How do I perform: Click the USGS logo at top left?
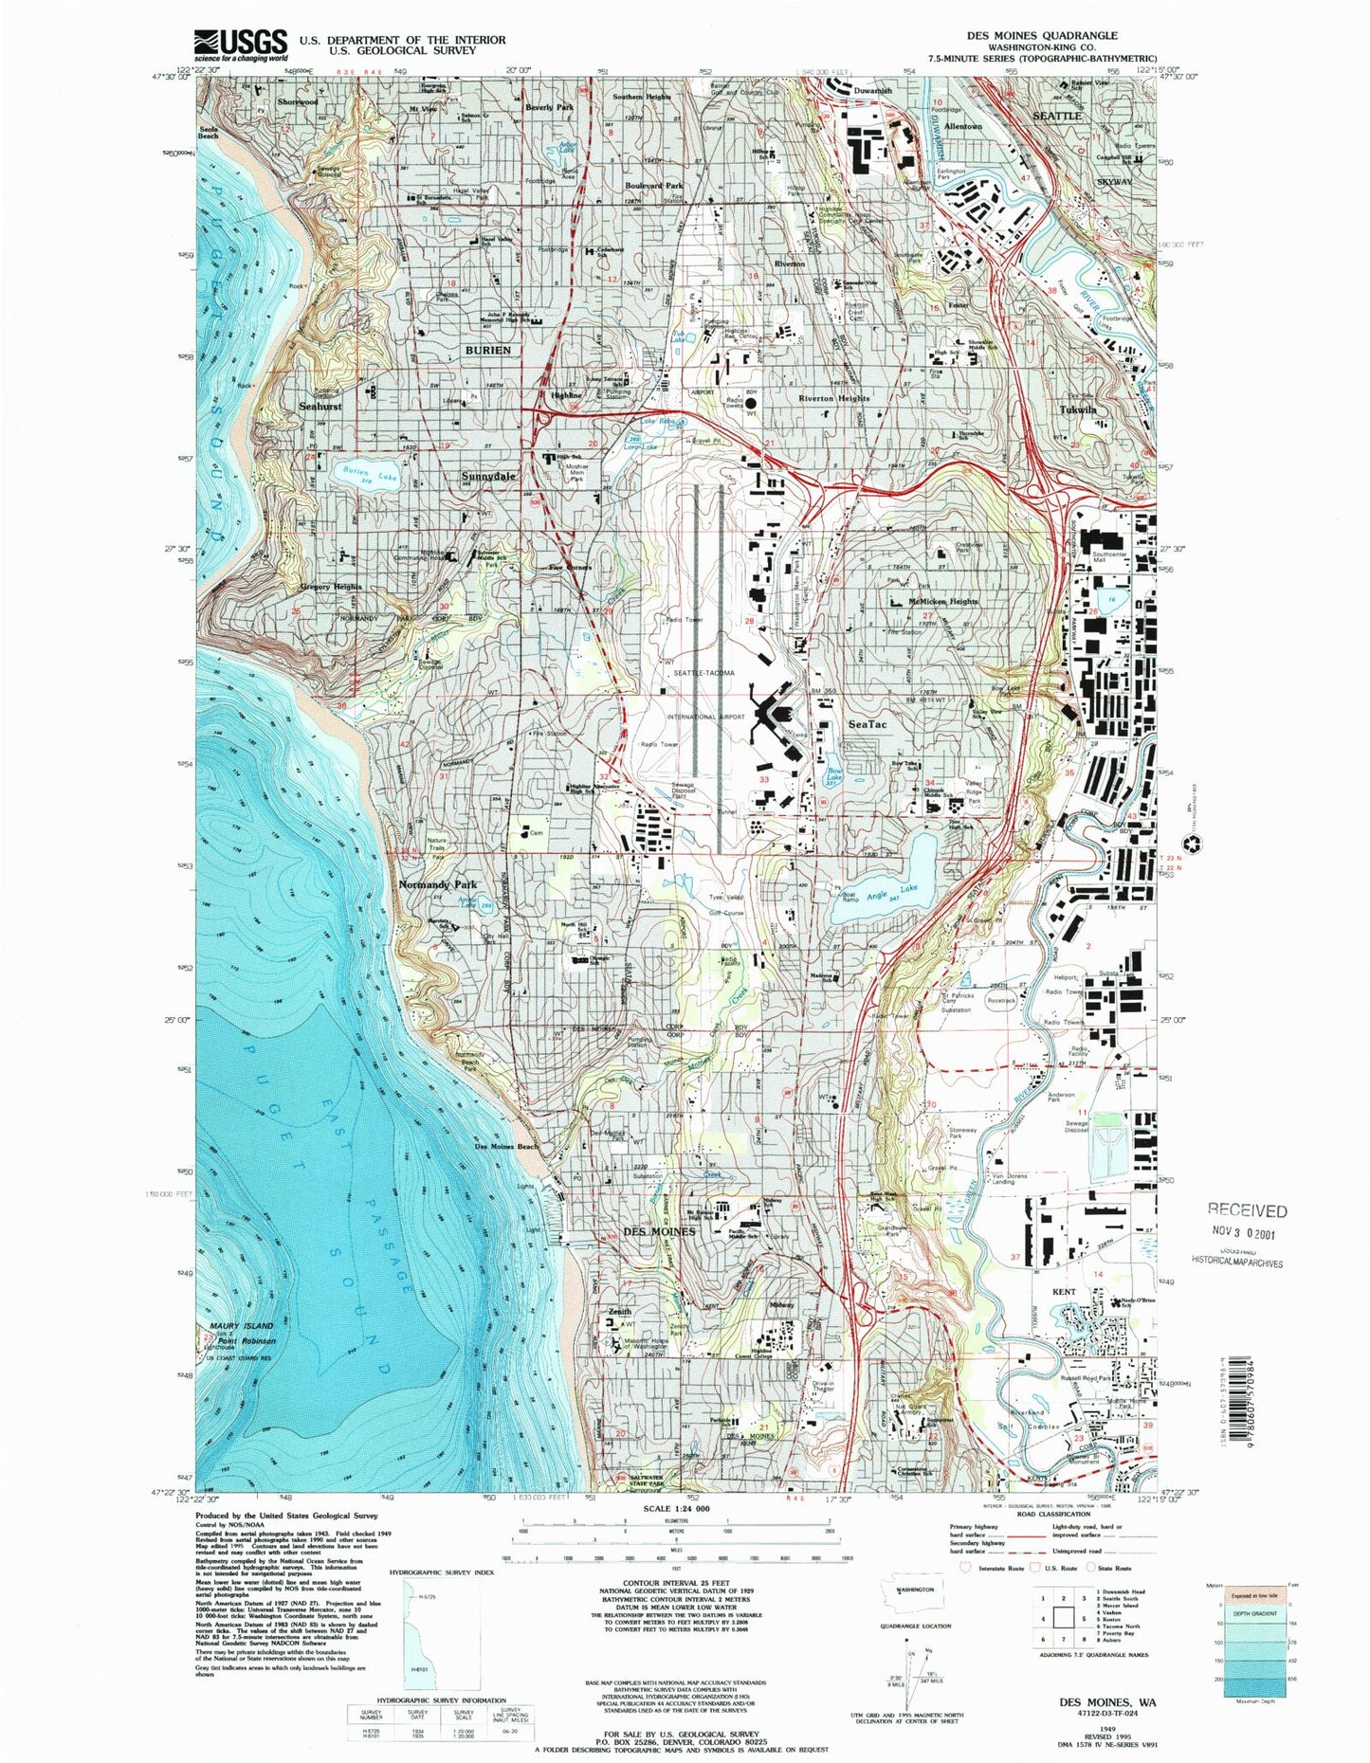click(x=241, y=44)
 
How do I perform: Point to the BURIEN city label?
click(x=488, y=350)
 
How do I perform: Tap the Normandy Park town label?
click(x=437, y=883)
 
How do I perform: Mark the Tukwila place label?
click(x=1078, y=410)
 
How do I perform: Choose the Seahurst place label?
click(x=320, y=406)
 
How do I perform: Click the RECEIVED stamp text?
click(x=1247, y=1210)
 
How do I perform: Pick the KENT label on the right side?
click(x=1063, y=1292)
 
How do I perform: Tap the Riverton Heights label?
click(x=834, y=398)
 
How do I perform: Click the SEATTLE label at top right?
click(x=1056, y=115)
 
